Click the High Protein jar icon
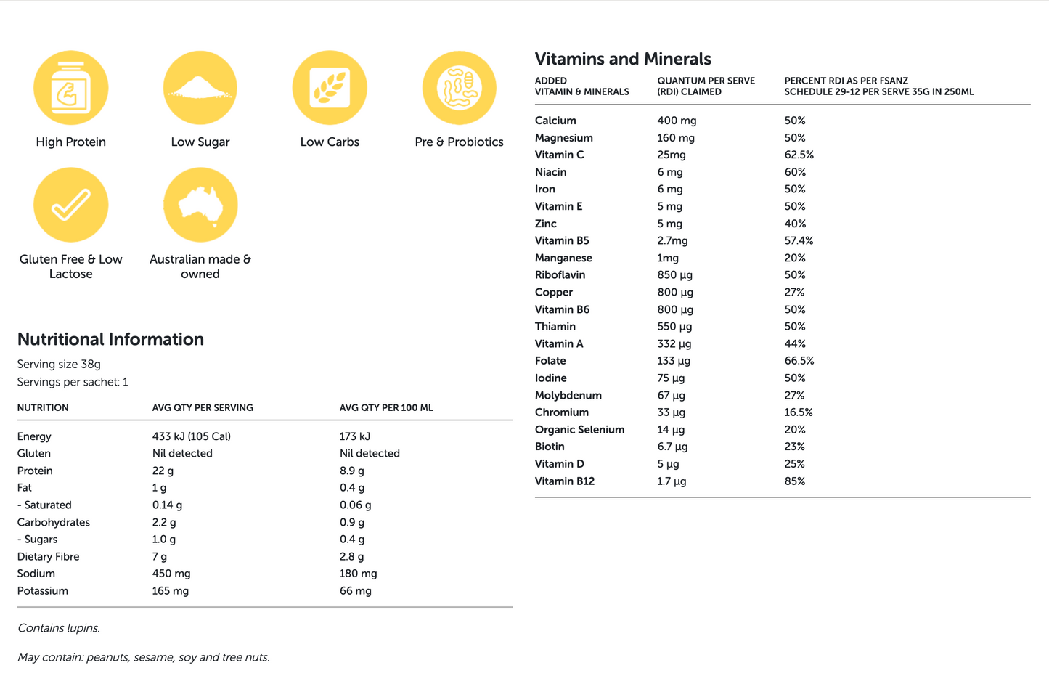point(71,88)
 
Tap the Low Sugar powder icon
point(200,88)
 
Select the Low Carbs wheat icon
point(330,88)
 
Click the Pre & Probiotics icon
point(460,88)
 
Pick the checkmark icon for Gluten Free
point(71,205)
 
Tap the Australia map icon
point(200,205)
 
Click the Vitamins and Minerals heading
point(623,59)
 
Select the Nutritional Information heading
point(110,339)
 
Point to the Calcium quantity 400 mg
point(677,121)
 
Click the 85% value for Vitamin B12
point(795,481)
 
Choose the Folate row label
point(550,361)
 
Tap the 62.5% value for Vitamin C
point(799,155)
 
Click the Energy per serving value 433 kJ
point(191,436)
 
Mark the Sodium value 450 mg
point(171,574)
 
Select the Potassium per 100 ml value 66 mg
point(355,591)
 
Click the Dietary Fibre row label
point(49,557)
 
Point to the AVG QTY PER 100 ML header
point(386,408)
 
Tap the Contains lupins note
point(59,628)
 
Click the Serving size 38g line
point(59,365)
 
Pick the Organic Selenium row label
point(579,430)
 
